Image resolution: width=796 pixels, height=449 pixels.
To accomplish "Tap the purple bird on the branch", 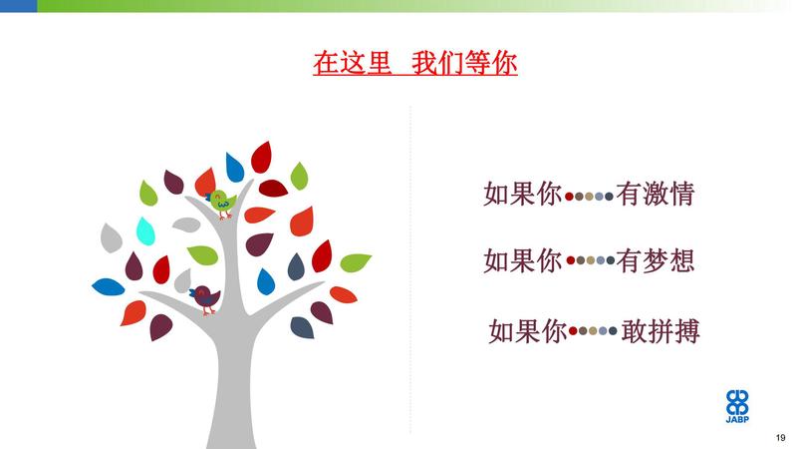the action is (x=204, y=299).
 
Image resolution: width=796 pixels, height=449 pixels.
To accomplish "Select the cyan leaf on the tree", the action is (x=145, y=230).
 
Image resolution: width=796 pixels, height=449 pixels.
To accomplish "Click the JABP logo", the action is (x=737, y=406).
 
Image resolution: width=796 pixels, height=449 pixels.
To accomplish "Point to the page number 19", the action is (x=780, y=437).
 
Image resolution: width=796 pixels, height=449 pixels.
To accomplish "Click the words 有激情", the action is (x=655, y=195).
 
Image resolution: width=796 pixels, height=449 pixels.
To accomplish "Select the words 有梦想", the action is (x=655, y=260).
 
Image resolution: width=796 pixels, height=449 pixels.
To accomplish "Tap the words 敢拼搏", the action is (x=661, y=331).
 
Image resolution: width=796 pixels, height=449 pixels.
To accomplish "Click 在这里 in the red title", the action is (x=352, y=63).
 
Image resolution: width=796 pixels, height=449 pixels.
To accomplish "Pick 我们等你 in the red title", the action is (x=464, y=63).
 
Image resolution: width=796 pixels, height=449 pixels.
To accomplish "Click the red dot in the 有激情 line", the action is (x=569, y=197).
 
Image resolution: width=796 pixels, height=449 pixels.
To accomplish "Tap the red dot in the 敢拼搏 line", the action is (x=573, y=331).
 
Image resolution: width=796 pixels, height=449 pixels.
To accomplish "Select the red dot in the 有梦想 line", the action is (x=571, y=260).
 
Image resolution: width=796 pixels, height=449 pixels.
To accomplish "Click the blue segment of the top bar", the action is (x=18, y=6).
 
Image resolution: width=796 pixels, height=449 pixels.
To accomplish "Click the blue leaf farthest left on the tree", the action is (x=109, y=286).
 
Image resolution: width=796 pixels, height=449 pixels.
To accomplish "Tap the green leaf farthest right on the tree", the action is (x=356, y=262).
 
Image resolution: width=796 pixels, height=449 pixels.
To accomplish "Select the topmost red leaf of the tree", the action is (x=261, y=157).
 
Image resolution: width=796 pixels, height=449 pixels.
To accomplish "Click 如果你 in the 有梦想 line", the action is (x=522, y=260).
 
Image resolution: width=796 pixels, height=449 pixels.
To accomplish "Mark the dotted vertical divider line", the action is (x=410, y=269).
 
